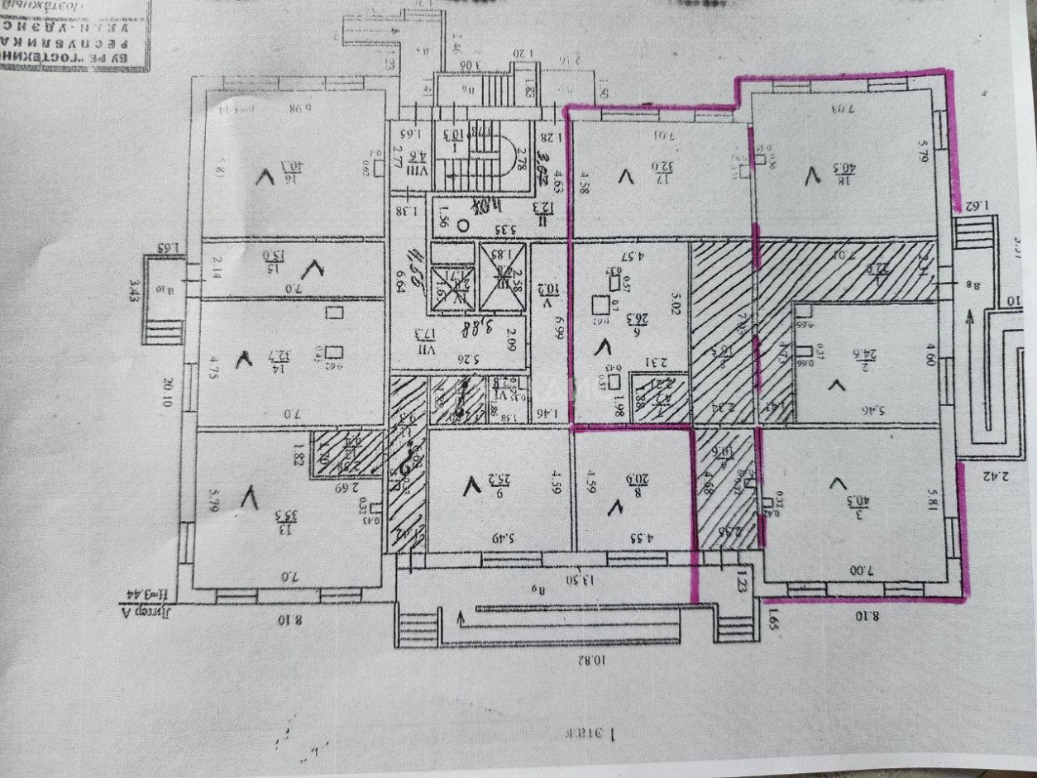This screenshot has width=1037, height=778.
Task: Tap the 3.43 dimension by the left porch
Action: click(x=135, y=290)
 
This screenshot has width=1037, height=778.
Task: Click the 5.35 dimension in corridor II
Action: click(x=495, y=230)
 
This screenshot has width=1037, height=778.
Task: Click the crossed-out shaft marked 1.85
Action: click(x=502, y=276)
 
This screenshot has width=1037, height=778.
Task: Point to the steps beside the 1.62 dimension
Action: click(x=974, y=235)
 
